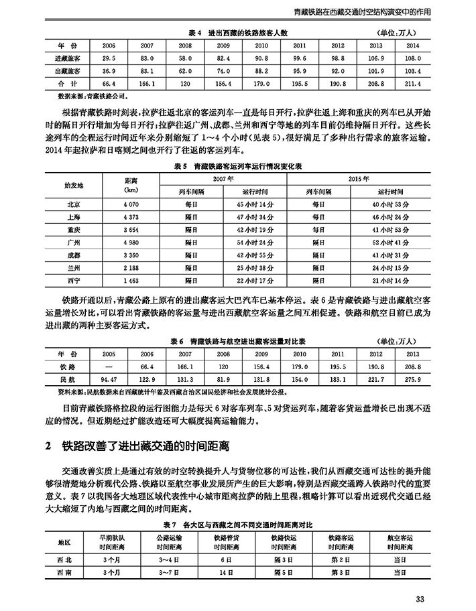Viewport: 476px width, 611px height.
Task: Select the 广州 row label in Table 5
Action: point(74,242)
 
